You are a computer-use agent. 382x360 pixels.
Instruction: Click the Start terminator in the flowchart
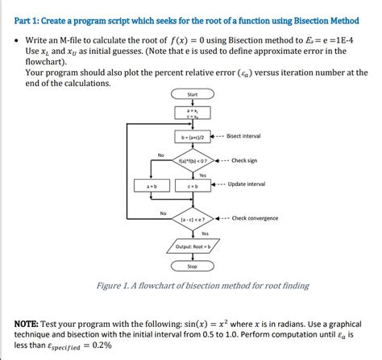[192, 95]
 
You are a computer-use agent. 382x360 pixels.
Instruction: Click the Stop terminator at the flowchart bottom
[192, 266]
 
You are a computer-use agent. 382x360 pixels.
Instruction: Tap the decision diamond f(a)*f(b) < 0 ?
[192, 159]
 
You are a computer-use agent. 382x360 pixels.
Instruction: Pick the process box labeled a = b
[152, 187]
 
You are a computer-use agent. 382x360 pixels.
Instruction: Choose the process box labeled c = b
[192, 187]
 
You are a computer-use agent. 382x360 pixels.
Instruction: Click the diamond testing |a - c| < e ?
[192, 218]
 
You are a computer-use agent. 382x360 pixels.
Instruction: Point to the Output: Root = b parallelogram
[192, 245]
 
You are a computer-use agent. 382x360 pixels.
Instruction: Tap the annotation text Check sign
[244, 159]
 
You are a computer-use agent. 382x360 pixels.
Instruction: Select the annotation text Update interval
[247, 184]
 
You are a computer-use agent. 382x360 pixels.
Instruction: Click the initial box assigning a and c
[192, 113]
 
